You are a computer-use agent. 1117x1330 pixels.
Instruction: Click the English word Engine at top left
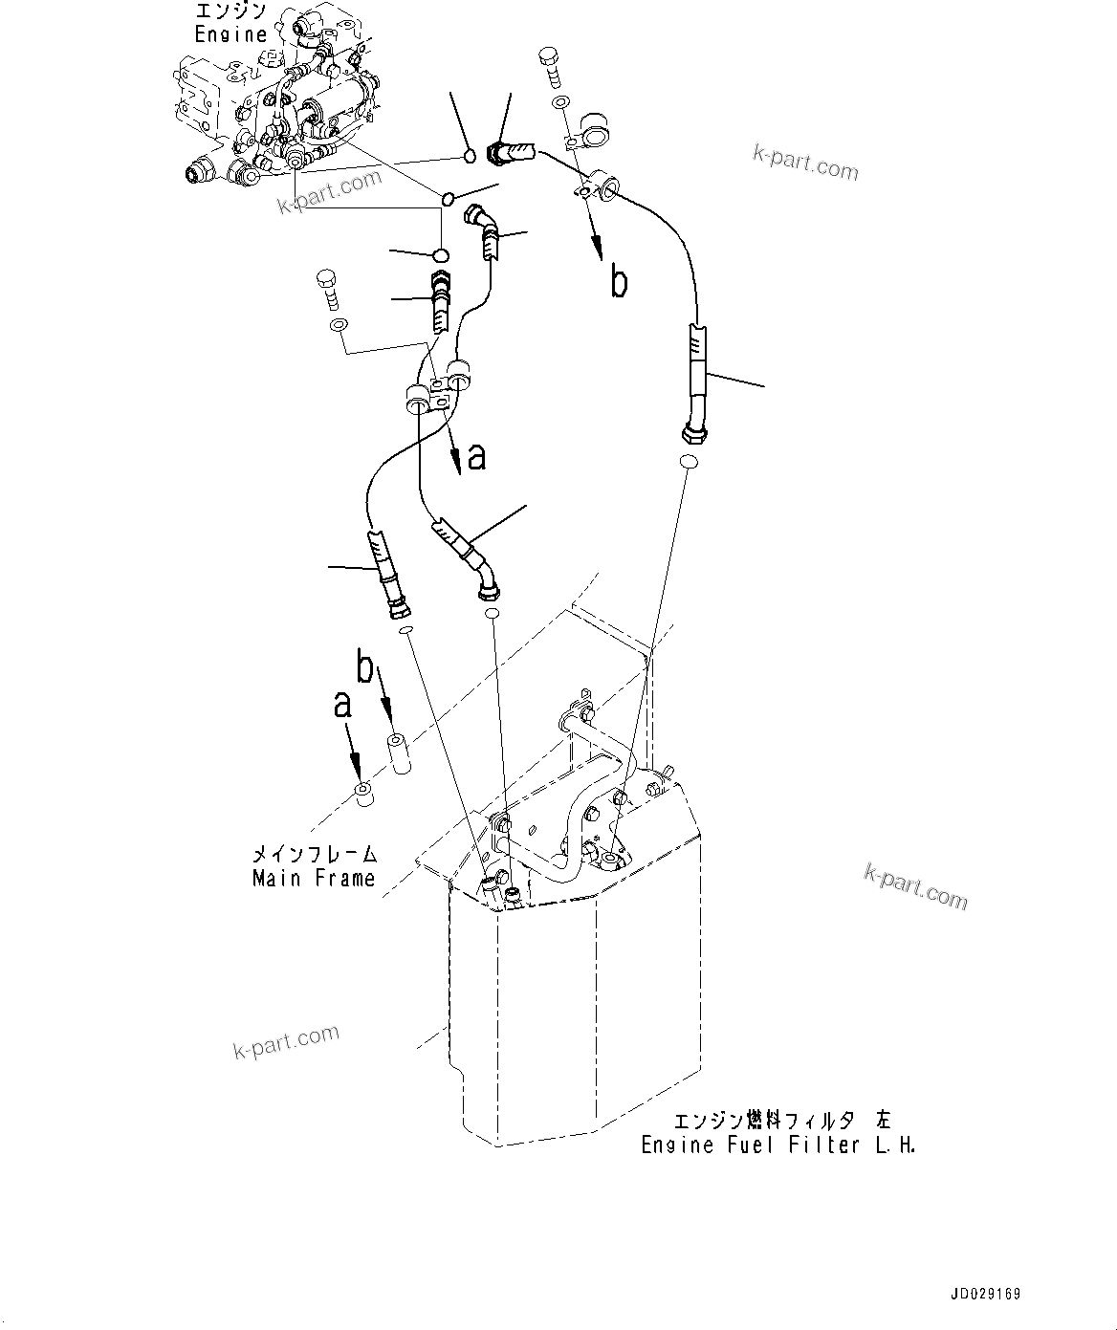[x=230, y=34]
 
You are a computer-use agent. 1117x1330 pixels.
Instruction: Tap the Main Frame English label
[x=314, y=878]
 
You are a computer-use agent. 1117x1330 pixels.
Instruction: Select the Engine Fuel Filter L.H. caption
[x=778, y=1145]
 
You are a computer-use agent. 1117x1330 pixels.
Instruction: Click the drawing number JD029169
[x=985, y=1295]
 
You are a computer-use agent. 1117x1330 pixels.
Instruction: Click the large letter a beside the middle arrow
[x=476, y=457]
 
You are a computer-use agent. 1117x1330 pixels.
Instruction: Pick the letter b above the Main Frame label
[x=365, y=668]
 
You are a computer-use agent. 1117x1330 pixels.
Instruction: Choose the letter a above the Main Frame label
[x=341, y=705]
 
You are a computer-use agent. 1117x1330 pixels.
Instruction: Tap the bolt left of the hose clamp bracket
[x=328, y=288]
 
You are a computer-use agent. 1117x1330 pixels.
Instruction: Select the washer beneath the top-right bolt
[x=558, y=102]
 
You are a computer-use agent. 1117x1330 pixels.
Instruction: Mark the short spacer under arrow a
[x=362, y=794]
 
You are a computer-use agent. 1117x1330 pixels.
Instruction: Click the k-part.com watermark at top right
[x=805, y=164]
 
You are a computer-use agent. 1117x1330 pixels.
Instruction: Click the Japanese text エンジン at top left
[x=230, y=11]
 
